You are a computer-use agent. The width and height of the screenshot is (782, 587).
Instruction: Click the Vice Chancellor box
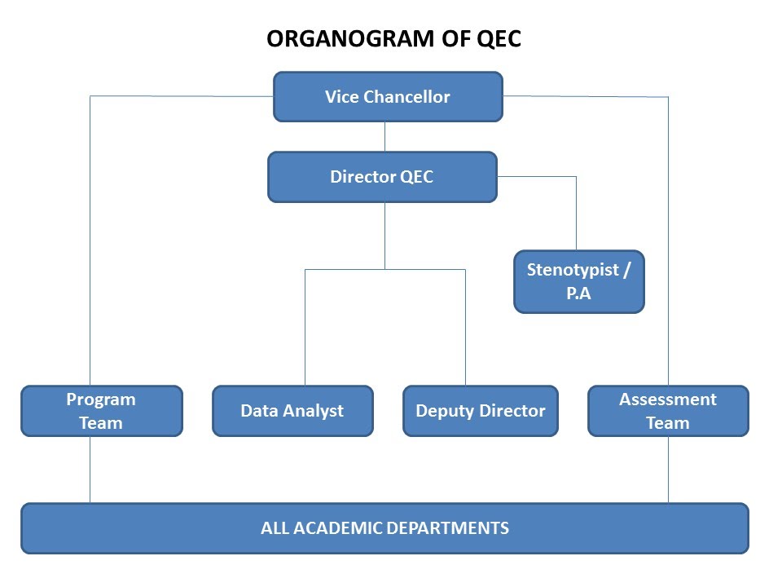coord(388,97)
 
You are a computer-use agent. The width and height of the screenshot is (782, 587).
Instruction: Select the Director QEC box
coord(383,177)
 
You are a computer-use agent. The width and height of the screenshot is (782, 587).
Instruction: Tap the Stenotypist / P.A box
coord(579,281)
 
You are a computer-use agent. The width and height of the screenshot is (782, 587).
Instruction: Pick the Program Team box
coord(102,411)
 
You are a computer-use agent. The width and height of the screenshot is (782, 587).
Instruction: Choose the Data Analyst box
coord(292,411)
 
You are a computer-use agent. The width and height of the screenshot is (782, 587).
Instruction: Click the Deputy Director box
coord(481,411)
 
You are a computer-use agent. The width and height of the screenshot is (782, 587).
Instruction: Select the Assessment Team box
coord(668,411)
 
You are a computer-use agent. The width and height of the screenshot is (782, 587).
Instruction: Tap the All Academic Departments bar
coord(385,528)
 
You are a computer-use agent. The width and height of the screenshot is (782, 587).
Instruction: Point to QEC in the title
coord(499,39)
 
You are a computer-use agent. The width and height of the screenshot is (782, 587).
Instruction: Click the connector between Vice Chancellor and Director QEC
coord(384,137)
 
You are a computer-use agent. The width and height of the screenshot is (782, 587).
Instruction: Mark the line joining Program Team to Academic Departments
coord(90,470)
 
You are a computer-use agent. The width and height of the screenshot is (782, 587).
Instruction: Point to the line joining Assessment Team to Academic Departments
coord(668,470)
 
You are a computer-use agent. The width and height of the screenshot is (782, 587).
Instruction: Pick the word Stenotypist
coord(573,270)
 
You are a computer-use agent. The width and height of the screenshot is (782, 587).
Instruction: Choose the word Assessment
coord(668,399)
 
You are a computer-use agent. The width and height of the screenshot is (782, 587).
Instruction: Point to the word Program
coord(101,400)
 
